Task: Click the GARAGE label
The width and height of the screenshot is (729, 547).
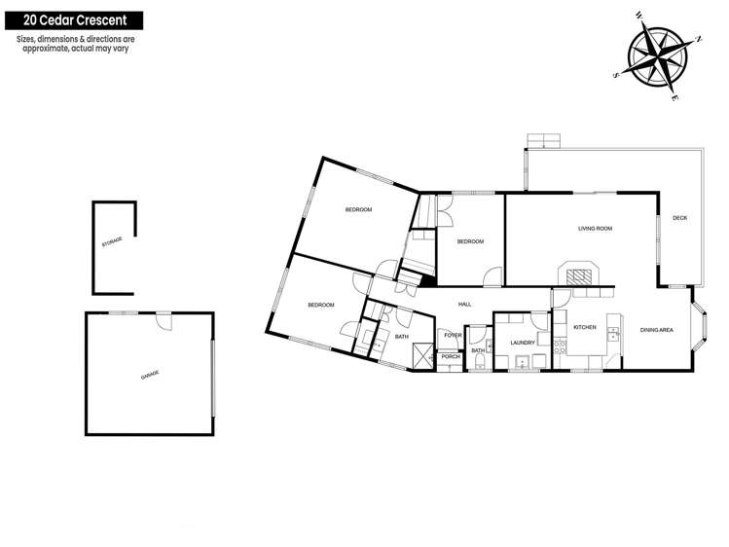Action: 150,375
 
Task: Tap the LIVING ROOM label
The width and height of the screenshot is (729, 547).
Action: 595,229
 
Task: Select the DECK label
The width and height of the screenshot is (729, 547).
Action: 679,218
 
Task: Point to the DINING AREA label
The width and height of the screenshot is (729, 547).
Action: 657,331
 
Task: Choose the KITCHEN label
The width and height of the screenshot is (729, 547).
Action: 584,327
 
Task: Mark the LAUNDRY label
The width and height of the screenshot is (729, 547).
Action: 522,343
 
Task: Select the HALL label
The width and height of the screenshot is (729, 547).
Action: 464,305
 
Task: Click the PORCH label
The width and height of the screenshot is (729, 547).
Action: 450,357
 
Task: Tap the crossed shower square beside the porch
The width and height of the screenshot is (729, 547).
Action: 421,355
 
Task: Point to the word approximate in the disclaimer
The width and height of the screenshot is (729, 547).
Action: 55,48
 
